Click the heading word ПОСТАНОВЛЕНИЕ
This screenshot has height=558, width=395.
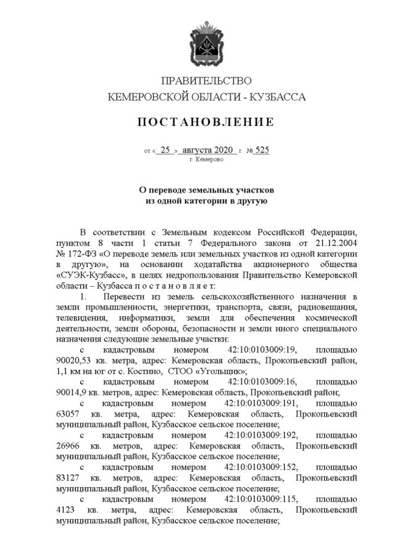[206, 122]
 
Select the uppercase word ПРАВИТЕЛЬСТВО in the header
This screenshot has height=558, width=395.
[206, 81]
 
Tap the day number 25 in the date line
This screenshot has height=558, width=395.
[165, 150]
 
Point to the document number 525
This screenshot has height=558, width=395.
[262, 150]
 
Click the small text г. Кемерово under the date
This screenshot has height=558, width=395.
[206, 159]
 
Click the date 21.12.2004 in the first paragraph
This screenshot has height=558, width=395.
[333, 243]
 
